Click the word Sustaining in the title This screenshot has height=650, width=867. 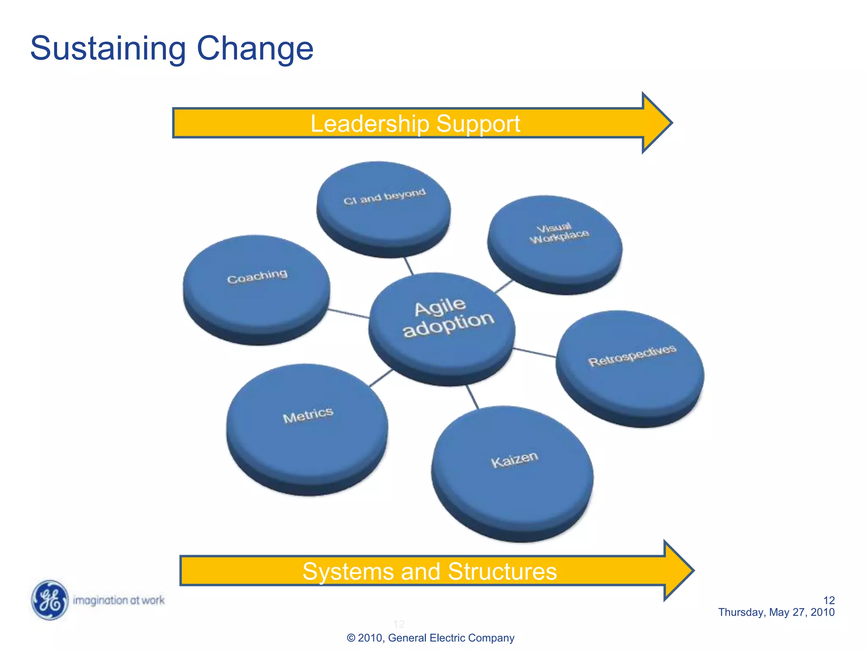[x=108, y=49]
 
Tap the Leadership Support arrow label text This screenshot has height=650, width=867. [x=415, y=124]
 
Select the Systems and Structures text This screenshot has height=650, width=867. [x=429, y=571]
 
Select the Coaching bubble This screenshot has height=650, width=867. [x=257, y=288]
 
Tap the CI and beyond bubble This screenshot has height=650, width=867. [x=384, y=207]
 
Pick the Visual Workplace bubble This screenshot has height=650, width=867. [x=555, y=243]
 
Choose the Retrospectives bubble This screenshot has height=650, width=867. [x=630, y=366]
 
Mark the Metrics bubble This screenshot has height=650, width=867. [x=307, y=427]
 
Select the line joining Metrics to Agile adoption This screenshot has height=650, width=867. [x=381, y=377]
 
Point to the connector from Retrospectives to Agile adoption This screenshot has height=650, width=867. [x=535, y=353]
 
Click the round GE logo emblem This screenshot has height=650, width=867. [x=50, y=600]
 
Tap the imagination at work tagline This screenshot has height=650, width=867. [x=119, y=600]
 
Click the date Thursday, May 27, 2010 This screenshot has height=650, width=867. [x=776, y=612]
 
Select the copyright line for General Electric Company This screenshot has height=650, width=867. [x=430, y=638]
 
